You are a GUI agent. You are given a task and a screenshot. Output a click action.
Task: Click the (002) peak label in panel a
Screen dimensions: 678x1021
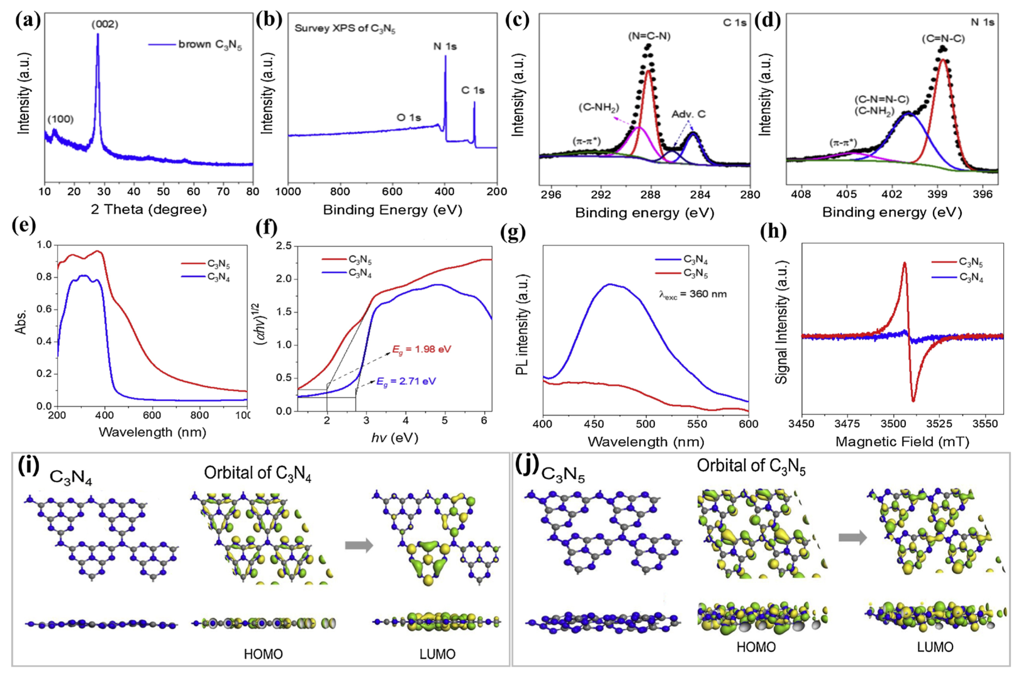tap(105, 25)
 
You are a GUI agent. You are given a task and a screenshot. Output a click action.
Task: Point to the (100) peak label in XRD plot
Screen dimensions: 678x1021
tap(60, 119)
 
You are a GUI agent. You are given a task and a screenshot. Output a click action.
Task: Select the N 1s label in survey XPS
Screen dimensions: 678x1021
tap(445, 46)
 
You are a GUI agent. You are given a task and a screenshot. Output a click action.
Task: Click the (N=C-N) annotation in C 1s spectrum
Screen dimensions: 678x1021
tap(649, 36)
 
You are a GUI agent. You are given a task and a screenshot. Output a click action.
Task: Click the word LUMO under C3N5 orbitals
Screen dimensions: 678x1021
tap(935, 647)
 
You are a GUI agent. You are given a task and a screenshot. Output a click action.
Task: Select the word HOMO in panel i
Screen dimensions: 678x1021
tap(263, 654)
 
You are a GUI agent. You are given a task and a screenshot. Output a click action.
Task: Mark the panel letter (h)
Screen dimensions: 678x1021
tap(773, 232)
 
